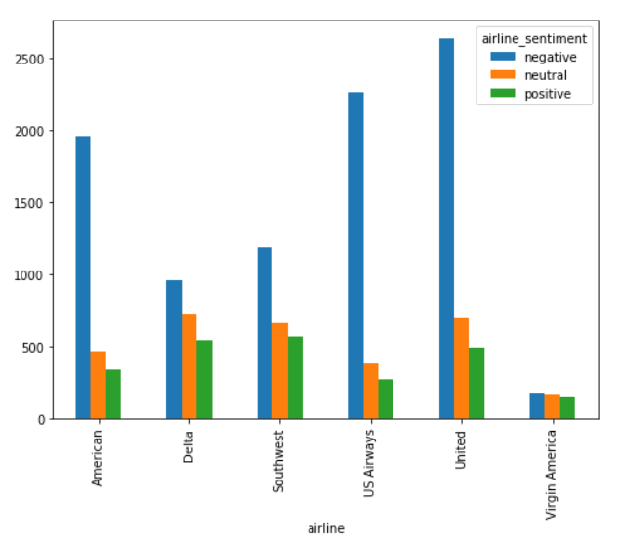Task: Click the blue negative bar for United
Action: (x=446, y=229)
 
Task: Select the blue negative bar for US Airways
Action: (x=355, y=256)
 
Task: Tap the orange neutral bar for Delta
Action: (x=188, y=366)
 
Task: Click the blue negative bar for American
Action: (x=83, y=277)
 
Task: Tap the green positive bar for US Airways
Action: (x=386, y=398)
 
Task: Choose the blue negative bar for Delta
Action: (x=174, y=350)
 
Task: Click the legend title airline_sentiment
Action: (x=534, y=39)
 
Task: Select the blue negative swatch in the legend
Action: (x=501, y=57)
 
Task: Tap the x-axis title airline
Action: (x=324, y=528)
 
